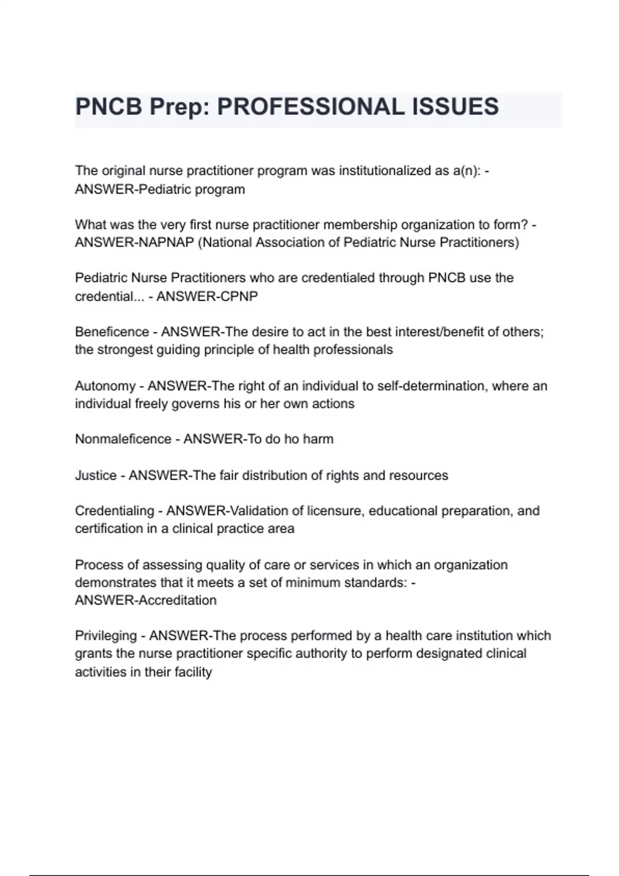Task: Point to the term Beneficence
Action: point(111,332)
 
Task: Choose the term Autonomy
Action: point(105,386)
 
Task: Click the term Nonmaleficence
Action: point(123,439)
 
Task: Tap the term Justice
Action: point(95,475)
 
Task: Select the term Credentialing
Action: point(114,511)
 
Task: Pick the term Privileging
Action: point(106,635)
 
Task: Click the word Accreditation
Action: point(177,600)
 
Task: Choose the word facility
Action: point(193,672)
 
